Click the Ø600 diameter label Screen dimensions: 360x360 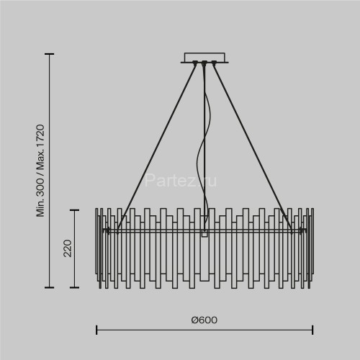204,320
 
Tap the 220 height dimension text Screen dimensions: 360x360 68,248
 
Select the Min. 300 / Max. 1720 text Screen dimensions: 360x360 40,171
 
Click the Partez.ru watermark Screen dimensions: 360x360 181,181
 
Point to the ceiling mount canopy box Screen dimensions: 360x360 204,58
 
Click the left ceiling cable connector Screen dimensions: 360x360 194,63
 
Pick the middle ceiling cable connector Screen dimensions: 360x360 204,63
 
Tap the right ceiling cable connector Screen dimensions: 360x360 214,63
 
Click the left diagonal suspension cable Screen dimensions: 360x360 156,148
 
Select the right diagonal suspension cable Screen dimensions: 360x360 253,148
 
